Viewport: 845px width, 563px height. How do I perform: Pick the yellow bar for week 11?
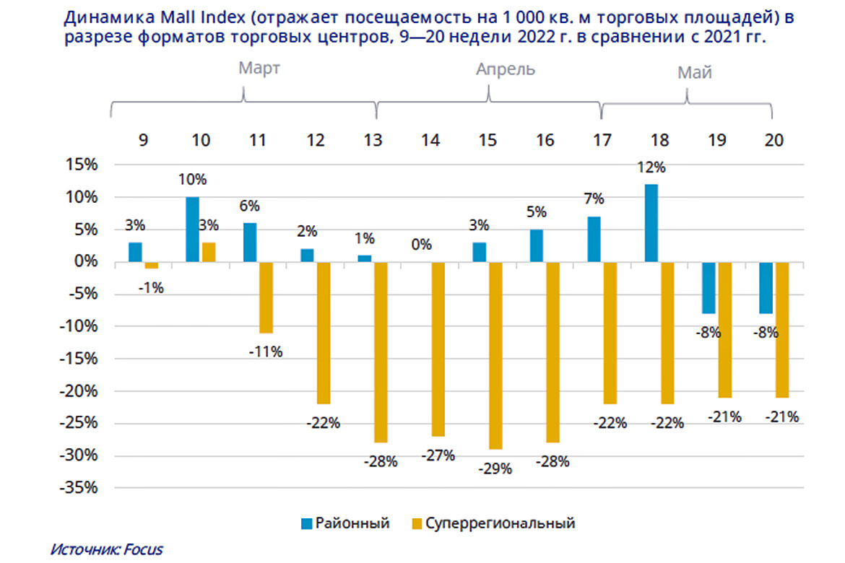point(266,297)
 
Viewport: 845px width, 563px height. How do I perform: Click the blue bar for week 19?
point(709,287)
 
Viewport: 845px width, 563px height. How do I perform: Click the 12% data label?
point(652,167)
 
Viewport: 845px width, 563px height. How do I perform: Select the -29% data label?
point(495,468)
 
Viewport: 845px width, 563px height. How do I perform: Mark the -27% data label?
point(438,455)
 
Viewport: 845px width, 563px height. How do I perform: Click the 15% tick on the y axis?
point(82,165)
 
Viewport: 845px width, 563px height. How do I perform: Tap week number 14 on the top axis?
point(430,140)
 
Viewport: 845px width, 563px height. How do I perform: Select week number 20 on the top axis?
point(773,140)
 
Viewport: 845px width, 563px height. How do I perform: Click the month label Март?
point(259,69)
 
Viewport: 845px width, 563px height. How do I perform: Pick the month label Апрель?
point(505,69)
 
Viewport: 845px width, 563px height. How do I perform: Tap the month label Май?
point(695,72)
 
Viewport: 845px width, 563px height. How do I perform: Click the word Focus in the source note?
point(144,549)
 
